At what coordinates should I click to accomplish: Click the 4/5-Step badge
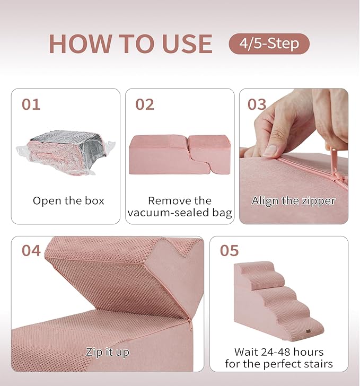tap(269, 43)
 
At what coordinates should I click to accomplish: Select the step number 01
tap(31, 104)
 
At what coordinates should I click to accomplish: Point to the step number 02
tap(144, 104)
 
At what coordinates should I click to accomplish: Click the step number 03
tap(257, 104)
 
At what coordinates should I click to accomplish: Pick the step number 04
tap(31, 251)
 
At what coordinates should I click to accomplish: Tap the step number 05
tap(230, 251)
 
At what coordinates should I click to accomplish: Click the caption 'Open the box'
tap(68, 201)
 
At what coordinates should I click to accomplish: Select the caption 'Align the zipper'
tap(294, 201)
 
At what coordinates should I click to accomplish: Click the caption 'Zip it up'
tap(107, 352)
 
